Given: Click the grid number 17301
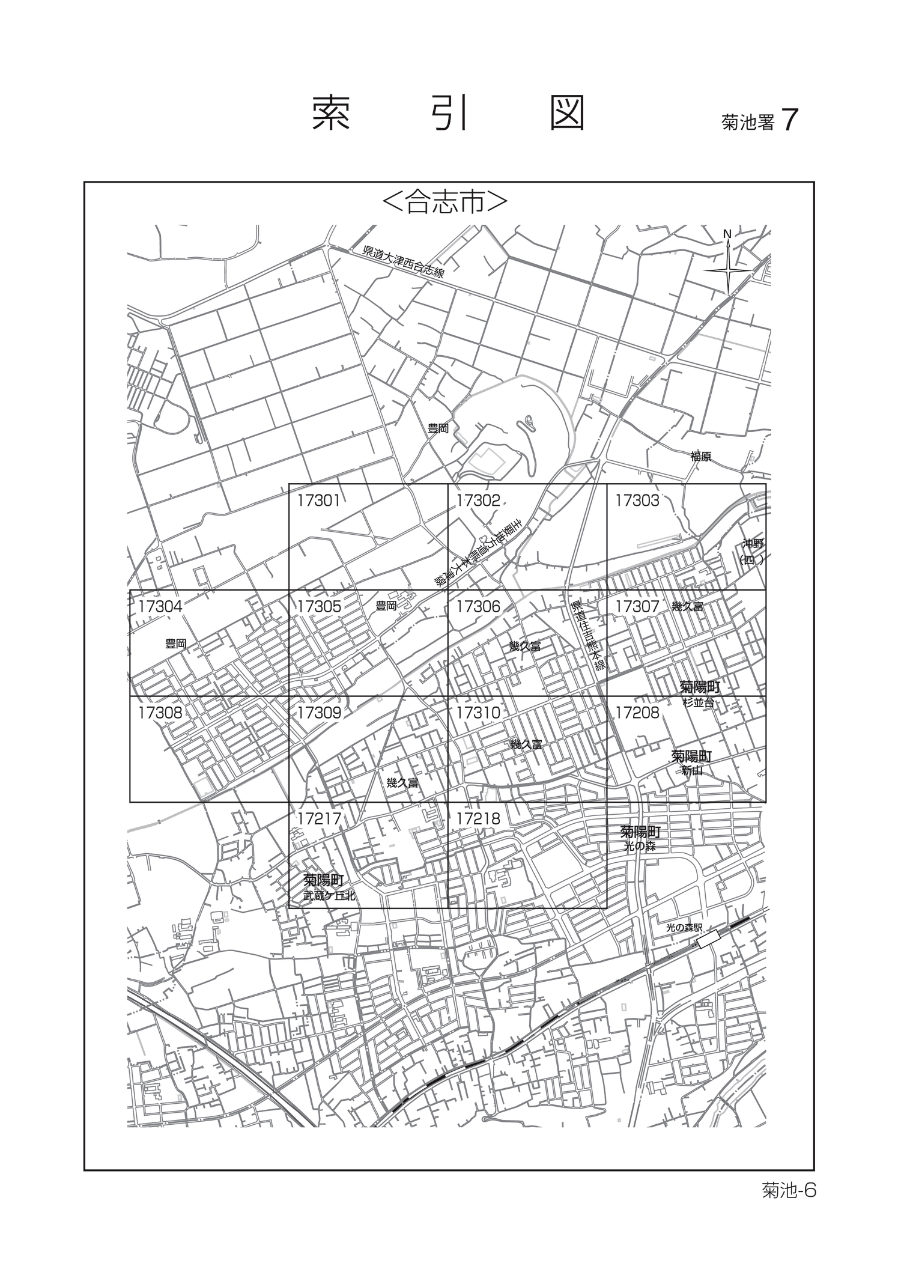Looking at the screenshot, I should (x=318, y=501).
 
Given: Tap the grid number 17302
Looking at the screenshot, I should (x=478, y=501).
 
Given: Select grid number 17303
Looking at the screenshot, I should (x=637, y=501).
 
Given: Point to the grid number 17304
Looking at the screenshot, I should (x=160, y=607).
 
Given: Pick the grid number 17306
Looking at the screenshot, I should (x=478, y=607).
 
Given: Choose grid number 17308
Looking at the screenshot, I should (x=160, y=713).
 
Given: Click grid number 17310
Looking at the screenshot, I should (x=478, y=713).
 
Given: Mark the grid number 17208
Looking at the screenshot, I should (x=637, y=713).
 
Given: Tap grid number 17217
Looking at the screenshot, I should (x=318, y=818).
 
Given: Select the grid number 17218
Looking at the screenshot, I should (x=478, y=818).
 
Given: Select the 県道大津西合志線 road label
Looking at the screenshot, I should (x=403, y=263).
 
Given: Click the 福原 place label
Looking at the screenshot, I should (x=700, y=457).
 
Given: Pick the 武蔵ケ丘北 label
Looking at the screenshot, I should (x=329, y=895).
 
